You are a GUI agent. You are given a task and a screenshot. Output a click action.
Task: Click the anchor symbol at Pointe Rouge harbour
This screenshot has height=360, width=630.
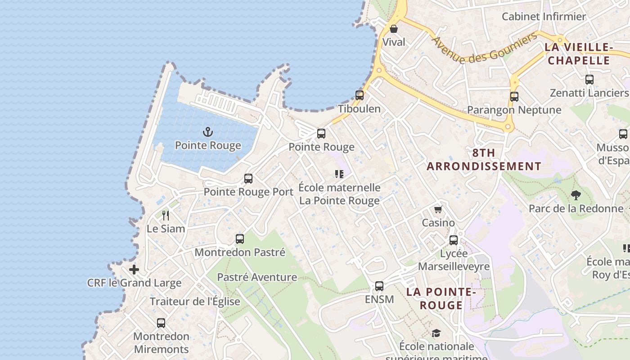click(208, 132)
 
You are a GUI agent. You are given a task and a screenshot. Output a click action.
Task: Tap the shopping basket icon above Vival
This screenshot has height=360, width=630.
click(394, 29)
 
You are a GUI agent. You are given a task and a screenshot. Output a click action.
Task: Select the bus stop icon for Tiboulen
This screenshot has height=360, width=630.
click(359, 95)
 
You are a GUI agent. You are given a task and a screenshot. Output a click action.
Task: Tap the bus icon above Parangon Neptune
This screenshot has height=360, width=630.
click(514, 96)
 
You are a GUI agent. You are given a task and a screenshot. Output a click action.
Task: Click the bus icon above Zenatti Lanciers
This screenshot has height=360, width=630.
click(589, 80)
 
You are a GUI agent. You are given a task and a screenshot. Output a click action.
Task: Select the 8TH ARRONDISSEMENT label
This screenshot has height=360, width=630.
click(484, 159)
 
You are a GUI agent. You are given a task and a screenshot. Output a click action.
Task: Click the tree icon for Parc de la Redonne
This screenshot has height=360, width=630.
click(576, 195)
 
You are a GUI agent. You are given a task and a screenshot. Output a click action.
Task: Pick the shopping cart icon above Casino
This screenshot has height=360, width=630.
click(438, 209)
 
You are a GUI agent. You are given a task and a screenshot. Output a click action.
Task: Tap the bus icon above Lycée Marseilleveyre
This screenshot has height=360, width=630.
click(453, 240)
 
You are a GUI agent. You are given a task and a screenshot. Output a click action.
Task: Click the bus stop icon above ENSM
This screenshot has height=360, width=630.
click(379, 286)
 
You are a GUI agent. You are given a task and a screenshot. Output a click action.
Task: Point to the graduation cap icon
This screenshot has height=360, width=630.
click(436, 333)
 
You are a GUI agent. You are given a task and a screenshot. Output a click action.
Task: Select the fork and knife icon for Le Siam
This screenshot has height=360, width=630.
click(166, 215)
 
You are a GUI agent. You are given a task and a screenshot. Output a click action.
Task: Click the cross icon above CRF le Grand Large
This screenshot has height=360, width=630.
click(134, 270)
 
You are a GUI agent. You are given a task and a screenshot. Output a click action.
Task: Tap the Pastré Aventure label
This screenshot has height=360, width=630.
click(257, 277)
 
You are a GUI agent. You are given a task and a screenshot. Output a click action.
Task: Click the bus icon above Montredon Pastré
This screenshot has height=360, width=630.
click(239, 239)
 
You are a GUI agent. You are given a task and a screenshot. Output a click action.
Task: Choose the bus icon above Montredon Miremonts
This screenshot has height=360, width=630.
click(161, 323)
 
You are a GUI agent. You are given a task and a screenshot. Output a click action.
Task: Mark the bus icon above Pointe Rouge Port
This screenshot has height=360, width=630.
click(248, 179)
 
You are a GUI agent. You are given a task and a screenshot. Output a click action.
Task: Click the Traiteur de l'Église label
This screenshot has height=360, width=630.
click(195, 301)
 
